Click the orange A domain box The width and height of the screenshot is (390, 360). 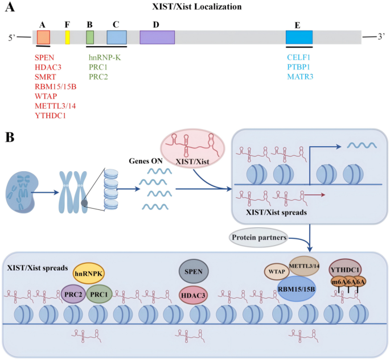(x=43, y=37)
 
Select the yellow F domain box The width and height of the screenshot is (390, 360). (x=67, y=37)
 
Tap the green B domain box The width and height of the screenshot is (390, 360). (x=90, y=37)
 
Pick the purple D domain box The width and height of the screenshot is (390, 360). (x=157, y=37)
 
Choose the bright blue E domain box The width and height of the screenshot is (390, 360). (x=299, y=37)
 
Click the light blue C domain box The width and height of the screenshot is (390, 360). (x=117, y=37)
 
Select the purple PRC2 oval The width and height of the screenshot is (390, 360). (x=72, y=295)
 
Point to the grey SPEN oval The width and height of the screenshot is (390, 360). (x=194, y=271)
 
